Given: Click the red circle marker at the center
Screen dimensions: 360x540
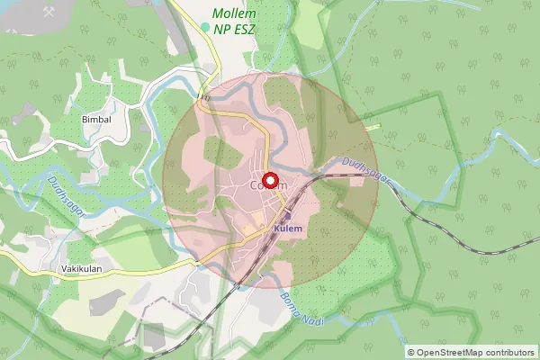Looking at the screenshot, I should click(x=269, y=178).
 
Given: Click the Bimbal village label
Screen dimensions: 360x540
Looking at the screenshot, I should click(x=96, y=119).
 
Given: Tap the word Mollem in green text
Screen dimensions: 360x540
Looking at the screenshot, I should click(x=233, y=14).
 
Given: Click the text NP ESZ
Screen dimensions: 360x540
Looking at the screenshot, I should click(x=236, y=30).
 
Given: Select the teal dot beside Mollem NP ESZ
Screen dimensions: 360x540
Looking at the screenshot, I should click(x=205, y=28).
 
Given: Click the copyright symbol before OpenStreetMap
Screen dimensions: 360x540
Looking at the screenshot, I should click(x=411, y=352).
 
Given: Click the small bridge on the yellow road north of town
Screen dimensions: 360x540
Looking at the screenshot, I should click(x=205, y=95).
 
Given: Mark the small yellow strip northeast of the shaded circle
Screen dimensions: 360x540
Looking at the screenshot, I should click(x=372, y=125).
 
